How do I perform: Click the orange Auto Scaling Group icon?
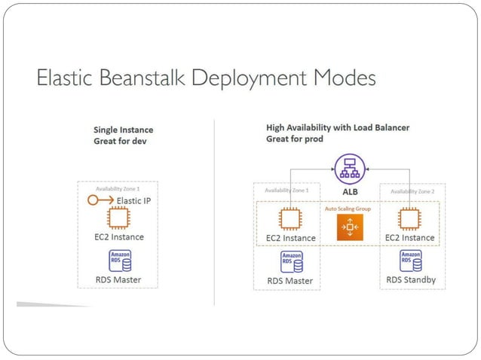pyautogui.click(x=350, y=227)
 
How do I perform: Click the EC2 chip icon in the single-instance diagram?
pyautogui.click(x=118, y=219)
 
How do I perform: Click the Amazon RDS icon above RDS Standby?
pyautogui.click(x=410, y=261)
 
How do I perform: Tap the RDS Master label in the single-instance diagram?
pyautogui.click(x=118, y=280)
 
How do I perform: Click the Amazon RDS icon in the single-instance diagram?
pyautogui.click(x=119, y=261)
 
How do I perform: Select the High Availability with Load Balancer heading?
pyautogui.click(x=337, y=128)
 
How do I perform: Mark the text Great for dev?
pyautogui.click(x=119, y=142)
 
